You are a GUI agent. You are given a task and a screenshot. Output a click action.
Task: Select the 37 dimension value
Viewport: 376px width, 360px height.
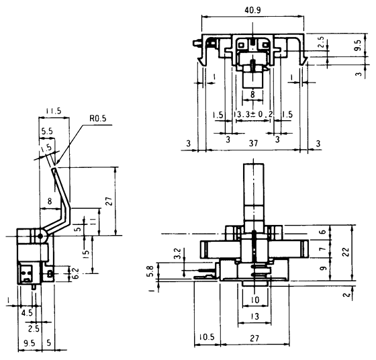pyautogui.click(x=253, y=144)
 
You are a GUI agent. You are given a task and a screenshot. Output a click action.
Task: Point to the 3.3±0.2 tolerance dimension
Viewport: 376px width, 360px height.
pyautogui.click(x=254, y=115)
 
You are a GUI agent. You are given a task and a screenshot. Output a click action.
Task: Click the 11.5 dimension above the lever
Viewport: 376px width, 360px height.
pyautogui.click(x=54, y=110)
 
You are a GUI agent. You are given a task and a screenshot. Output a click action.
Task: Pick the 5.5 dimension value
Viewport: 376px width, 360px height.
pyautogui.click(x=48, y=132)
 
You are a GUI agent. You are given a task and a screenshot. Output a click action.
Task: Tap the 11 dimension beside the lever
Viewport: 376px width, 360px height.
pyautogui.click(x=86, y=221)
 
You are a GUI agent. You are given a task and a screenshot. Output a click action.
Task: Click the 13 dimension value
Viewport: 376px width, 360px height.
pyautogui.click(x=253, y=316)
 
